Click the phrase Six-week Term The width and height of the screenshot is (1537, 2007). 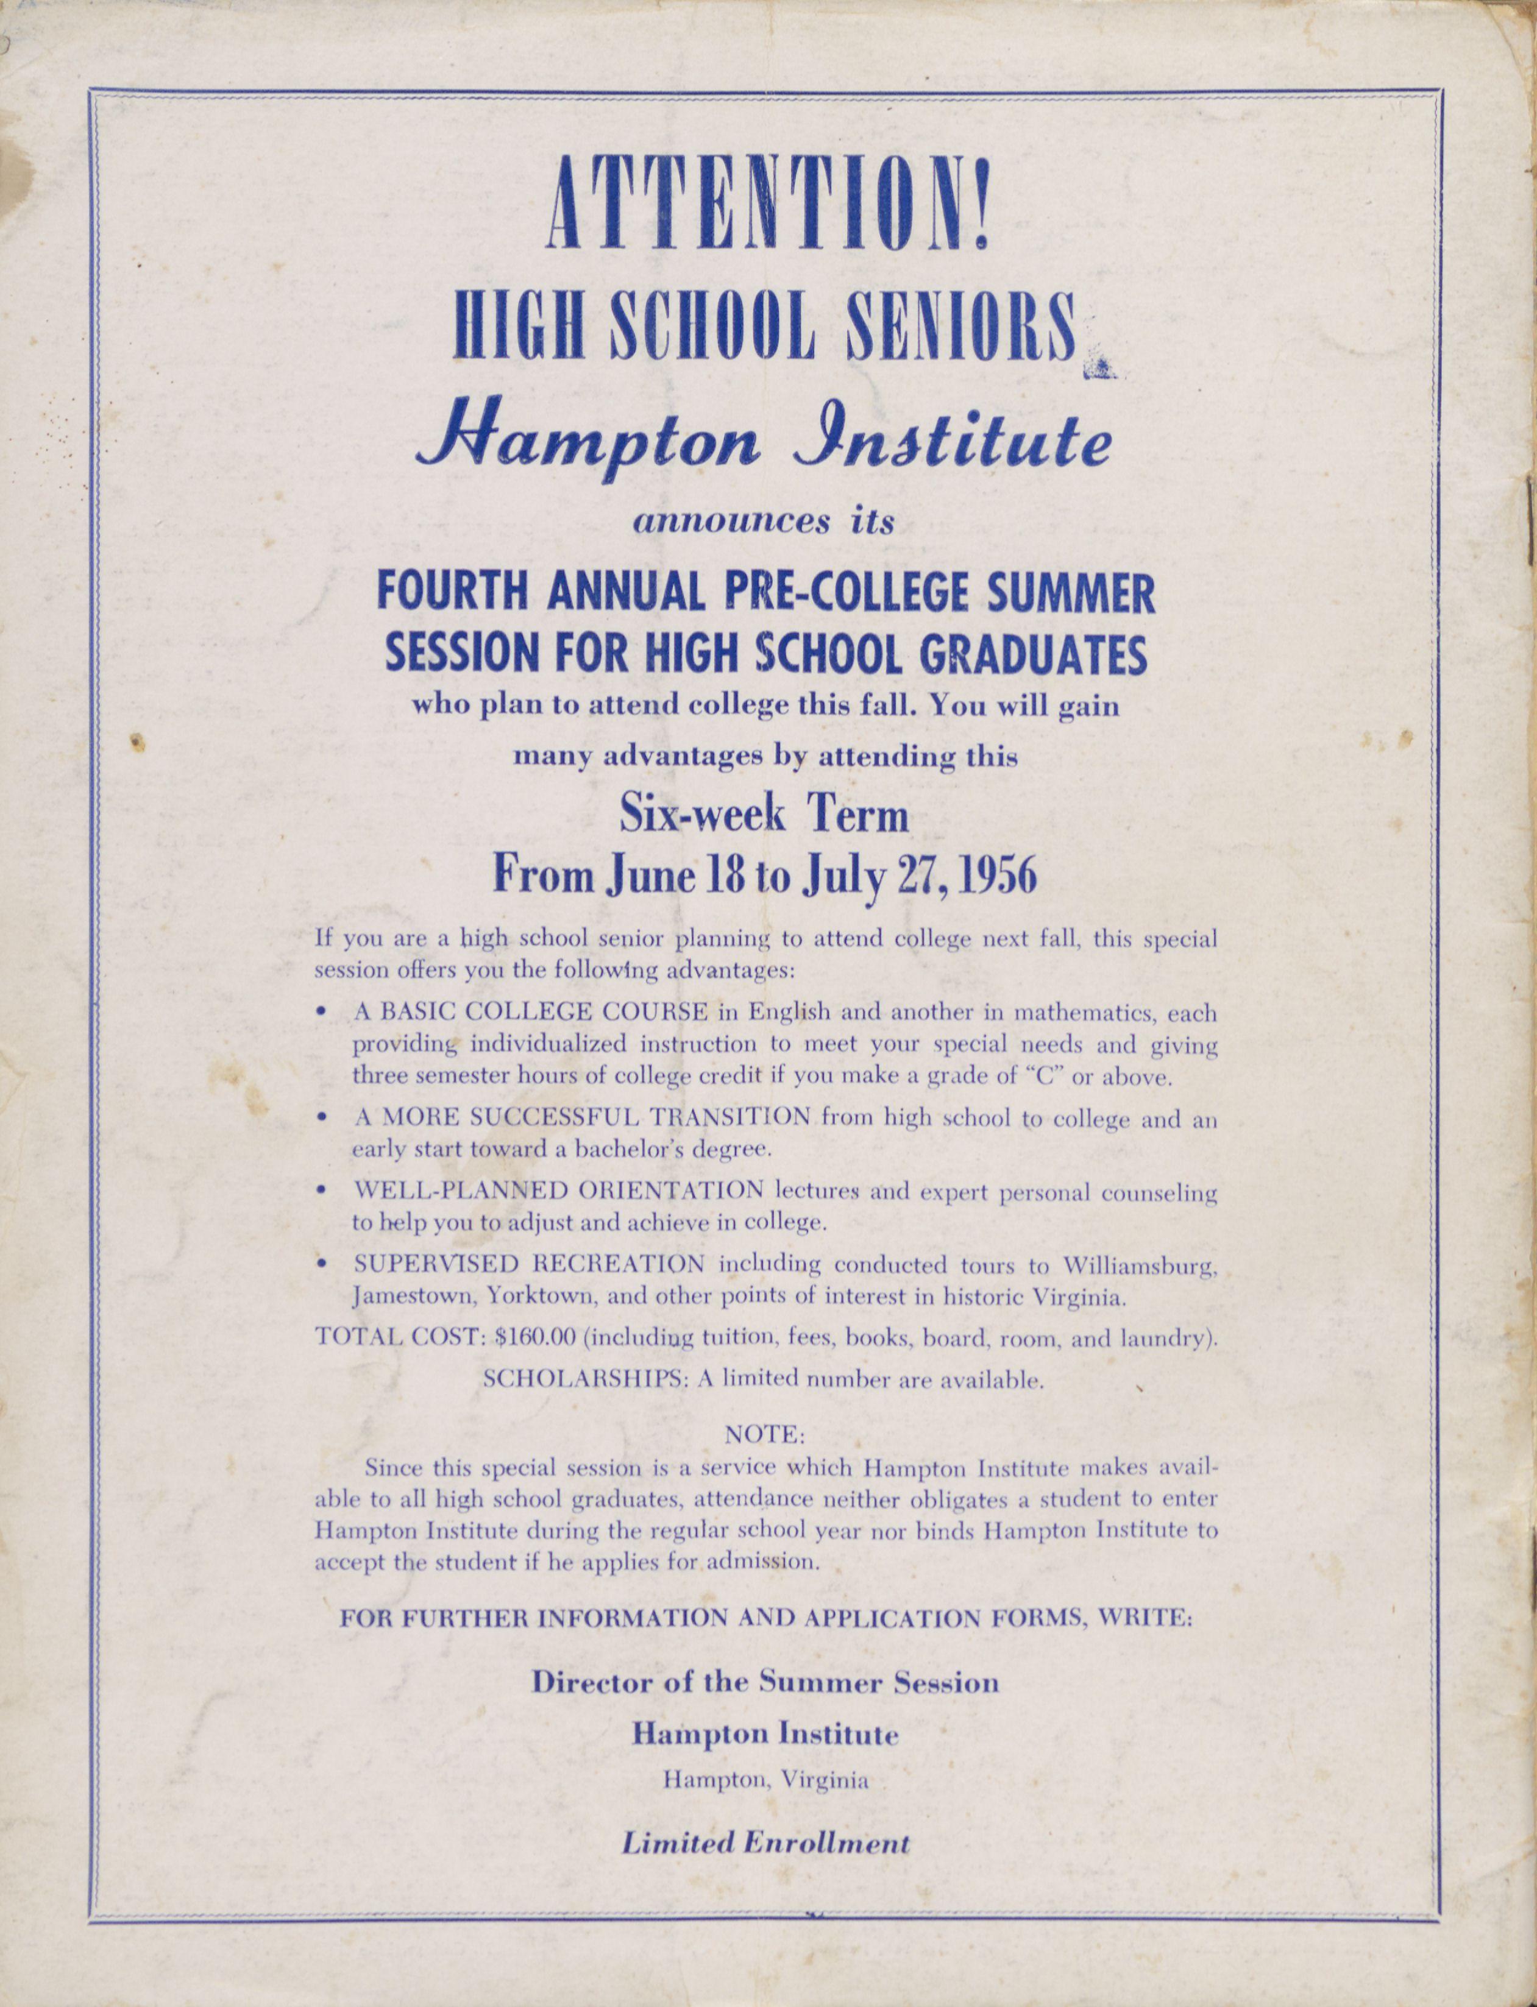click(765, 815)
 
